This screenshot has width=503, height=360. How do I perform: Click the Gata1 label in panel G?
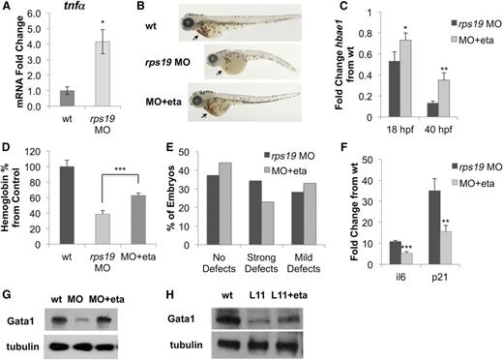click(21, 315)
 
